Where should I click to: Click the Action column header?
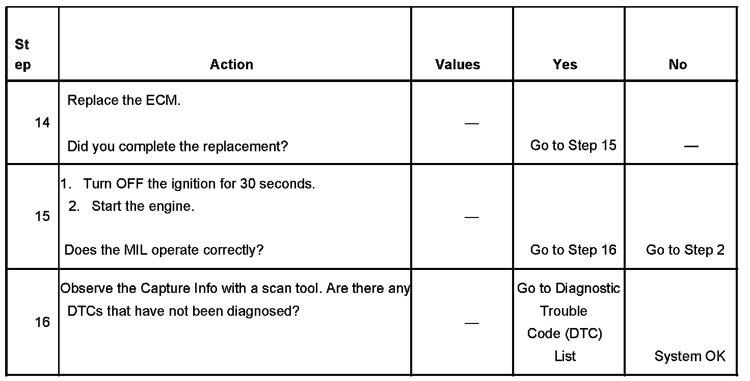point(231,65)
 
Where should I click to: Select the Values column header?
point(458,65)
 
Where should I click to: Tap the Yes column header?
point(565,65)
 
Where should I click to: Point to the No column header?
point(678,65)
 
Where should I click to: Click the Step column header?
point(23,55)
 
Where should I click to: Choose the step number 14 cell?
point(42,123)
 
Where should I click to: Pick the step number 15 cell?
point(42,216)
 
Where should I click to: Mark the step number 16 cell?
point(42,322)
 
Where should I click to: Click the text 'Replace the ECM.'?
point(124,100)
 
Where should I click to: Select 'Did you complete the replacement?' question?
point(178,147)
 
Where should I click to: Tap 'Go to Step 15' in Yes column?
point(573,146)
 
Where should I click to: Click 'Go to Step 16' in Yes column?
point(573,250)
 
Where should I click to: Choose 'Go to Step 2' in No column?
point(685,250)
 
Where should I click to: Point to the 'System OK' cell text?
point(690,356)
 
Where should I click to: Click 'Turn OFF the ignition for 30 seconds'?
point(199,184)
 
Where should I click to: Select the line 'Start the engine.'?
point(143,207)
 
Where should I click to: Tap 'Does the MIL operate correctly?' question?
point(164,251)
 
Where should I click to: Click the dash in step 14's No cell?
point(691,147)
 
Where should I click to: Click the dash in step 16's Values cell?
point(472,323)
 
